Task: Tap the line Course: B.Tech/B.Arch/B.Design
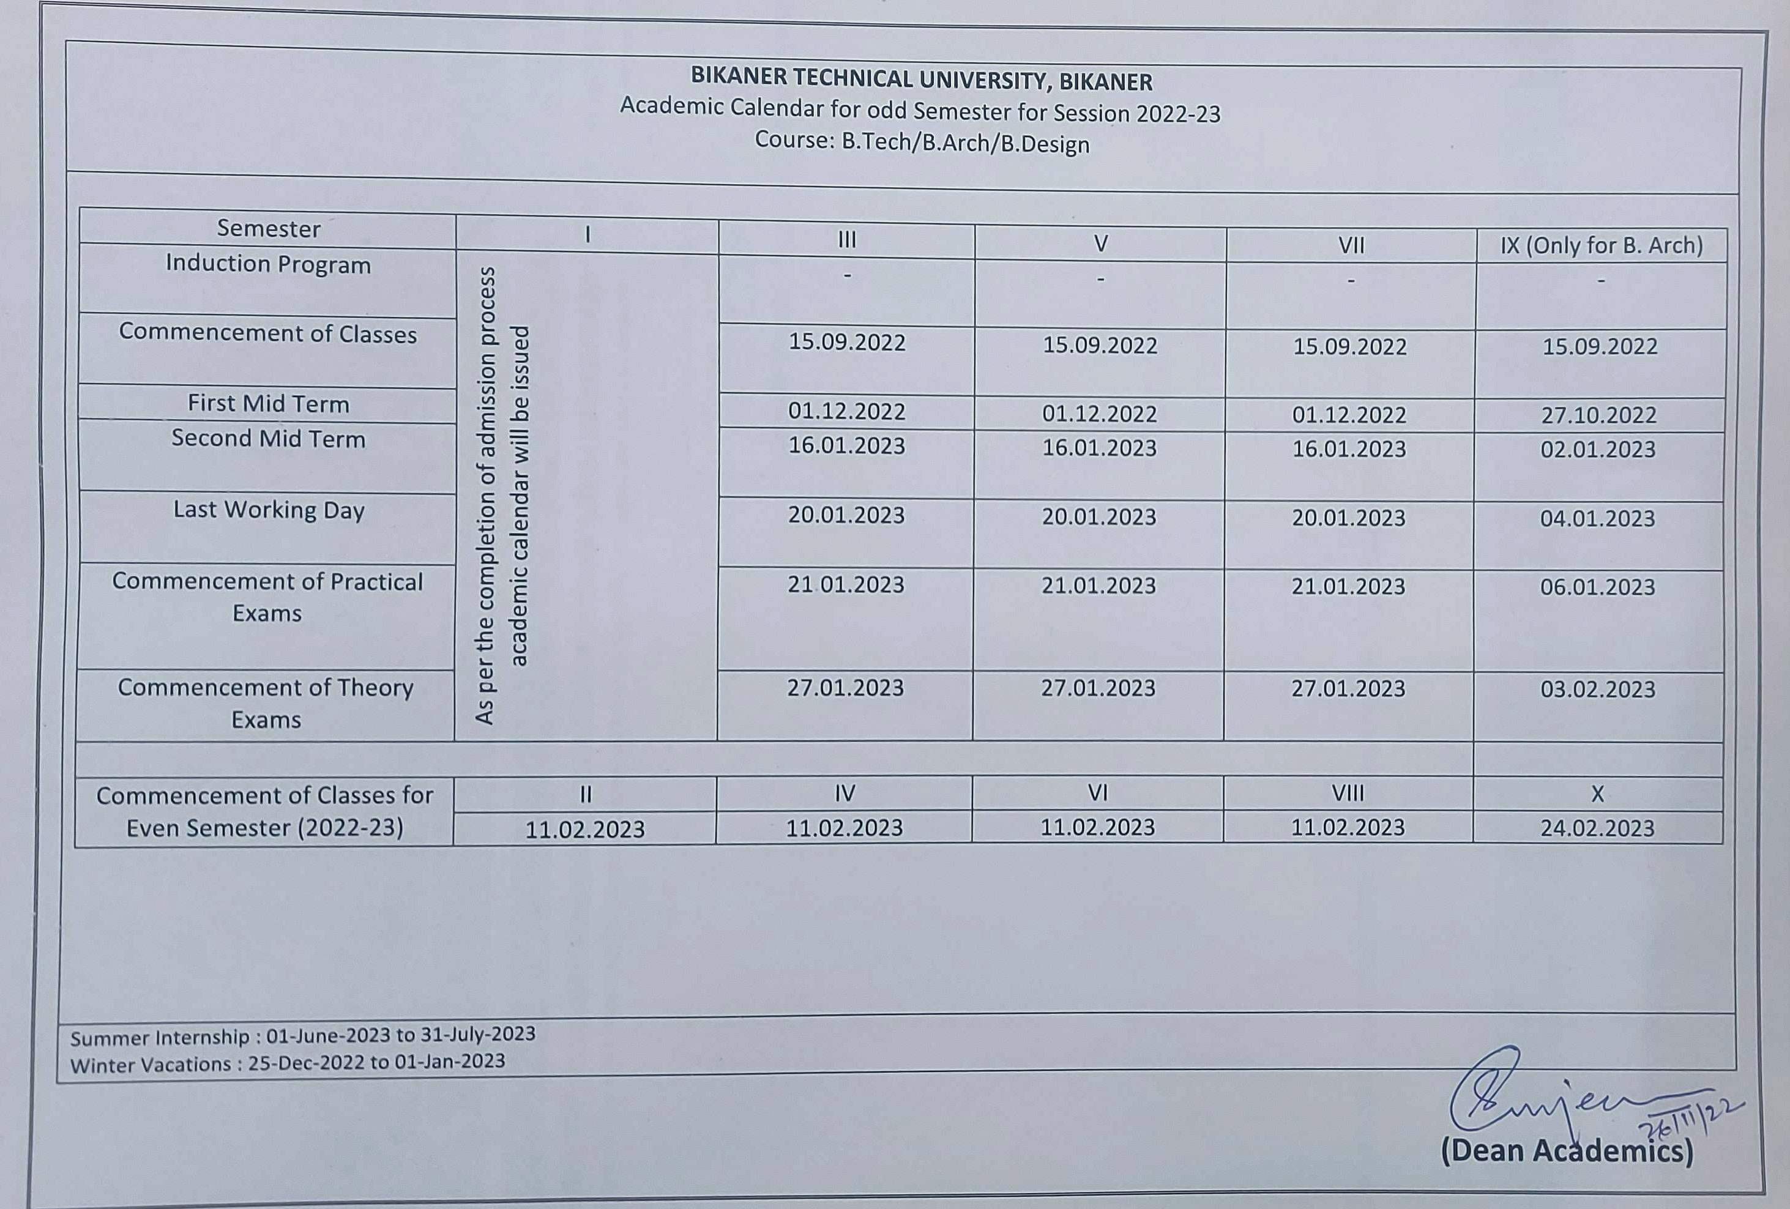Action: [x=922, y=143]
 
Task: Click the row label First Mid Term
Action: [x=268, y=404]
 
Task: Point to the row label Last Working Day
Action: [x=268, y=510]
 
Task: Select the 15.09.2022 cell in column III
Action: [x=846, y=343]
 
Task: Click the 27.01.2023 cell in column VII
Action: [x=1348, y=688]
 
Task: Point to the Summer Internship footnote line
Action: [x=303, y=1036]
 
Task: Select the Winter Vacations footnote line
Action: [x=287, y=1063]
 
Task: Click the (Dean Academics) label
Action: [x=1567, y=1173]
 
